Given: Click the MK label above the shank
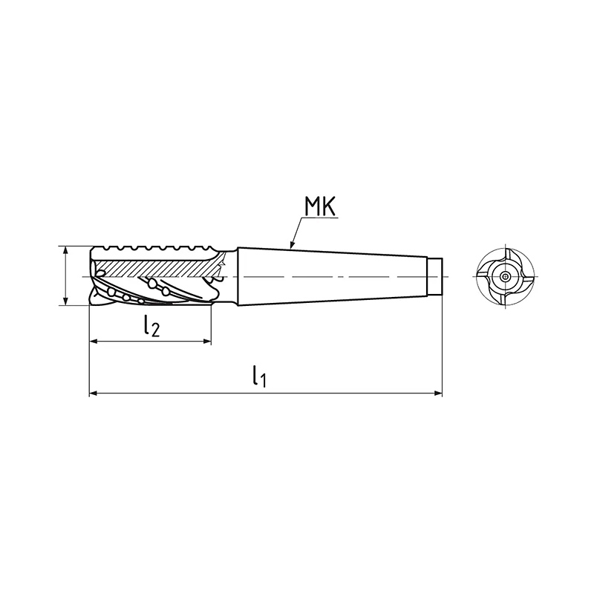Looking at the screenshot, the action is tap(320, 207).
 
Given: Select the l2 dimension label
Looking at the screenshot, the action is tap(151, 327).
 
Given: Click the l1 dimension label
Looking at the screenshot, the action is tap(259, 376).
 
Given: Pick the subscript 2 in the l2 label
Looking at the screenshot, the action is tap(155, 330).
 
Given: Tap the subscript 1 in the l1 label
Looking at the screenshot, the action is tap(263, 381).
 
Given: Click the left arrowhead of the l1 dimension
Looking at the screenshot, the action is tap(94, 394).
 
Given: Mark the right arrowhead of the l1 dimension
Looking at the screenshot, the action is tap(438, 394).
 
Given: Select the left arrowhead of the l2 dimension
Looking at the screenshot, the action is tap(94, 342).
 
